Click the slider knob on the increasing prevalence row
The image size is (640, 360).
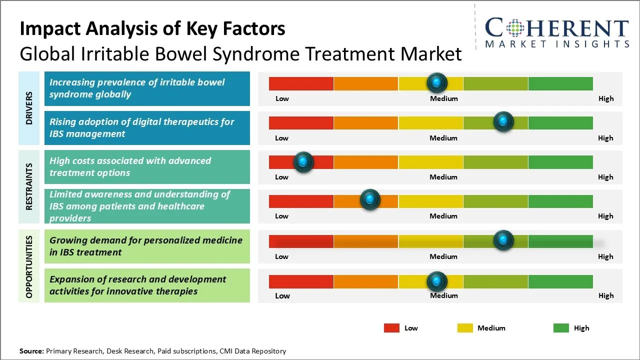pos(437,82)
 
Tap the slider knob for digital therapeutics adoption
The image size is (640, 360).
pos(503,121)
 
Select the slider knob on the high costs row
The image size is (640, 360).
pos(303,161)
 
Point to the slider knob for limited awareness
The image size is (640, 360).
pos(370,200)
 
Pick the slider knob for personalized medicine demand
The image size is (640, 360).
pos(503,240)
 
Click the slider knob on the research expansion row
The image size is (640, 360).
pos(437,281)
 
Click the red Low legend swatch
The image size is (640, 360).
pos(391,328)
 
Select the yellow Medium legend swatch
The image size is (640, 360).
pos(465,328)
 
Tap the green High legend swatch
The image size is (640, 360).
pos(561,328)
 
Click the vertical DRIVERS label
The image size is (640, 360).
pos(29,108)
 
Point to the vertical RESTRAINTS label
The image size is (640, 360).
pos(29,186)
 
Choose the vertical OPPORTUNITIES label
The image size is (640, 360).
pos(29,266)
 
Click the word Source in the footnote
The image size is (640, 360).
pos(31,351)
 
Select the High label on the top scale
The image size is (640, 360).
pos(605,98)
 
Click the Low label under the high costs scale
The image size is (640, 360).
pos(281,177)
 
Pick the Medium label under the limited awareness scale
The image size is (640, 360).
pos(443,216)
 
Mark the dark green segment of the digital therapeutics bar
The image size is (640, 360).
pos(560,122)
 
